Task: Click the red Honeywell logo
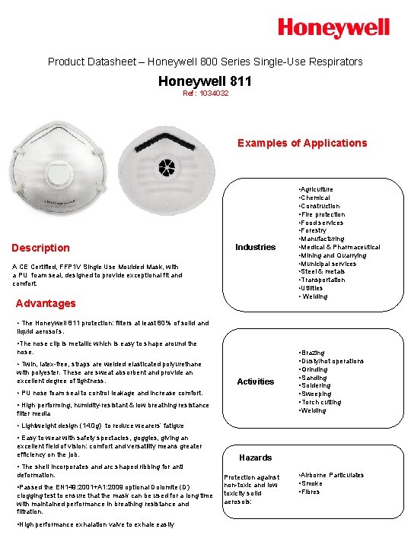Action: (x=333, y=29)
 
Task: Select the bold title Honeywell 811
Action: (x=205, y=81)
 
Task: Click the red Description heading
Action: (x=41, y=248)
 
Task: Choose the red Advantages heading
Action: (x=46, y=303)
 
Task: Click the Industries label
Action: (x=255, y=247)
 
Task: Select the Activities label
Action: (x=255, y=381)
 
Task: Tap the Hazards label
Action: (x=255, y=457)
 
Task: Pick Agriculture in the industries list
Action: (x=317, y=189)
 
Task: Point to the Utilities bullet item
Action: (x=313, y=288)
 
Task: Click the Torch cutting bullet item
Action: (x=321, y=402)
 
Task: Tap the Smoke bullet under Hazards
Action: (x=311, y=483)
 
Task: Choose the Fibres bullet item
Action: (x=311, y=492)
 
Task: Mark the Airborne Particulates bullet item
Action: (x=332, y=475)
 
